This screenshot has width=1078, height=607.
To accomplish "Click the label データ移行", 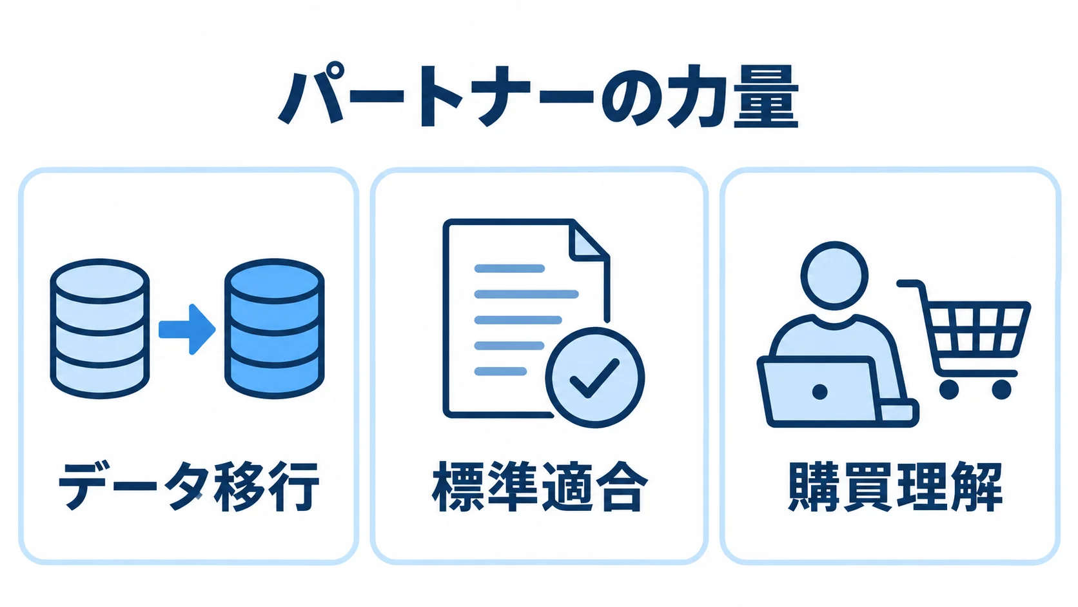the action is (189, 486).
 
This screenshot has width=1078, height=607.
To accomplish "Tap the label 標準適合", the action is (540, 486).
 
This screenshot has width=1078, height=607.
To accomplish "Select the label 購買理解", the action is (895, 486).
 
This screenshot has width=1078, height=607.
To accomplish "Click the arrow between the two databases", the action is (187, 329).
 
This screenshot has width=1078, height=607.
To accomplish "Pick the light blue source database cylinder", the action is (100, 329).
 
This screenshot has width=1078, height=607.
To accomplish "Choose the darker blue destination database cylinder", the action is (274, 329).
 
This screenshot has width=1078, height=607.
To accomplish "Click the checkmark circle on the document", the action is (595, 377).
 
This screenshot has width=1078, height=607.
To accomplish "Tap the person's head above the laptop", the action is (834, 276).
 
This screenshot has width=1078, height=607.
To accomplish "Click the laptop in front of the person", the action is (838, 392).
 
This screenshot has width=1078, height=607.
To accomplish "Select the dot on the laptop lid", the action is (819, 392).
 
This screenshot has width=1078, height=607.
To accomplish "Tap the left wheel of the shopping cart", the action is (949, 390).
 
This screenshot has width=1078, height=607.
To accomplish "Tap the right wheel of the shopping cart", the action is (1001, 390).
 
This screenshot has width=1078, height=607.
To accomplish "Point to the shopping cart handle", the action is (910, 284).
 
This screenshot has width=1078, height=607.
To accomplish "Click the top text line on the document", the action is (509, 268).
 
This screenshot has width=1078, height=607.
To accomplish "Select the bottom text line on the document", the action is (500, 371).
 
